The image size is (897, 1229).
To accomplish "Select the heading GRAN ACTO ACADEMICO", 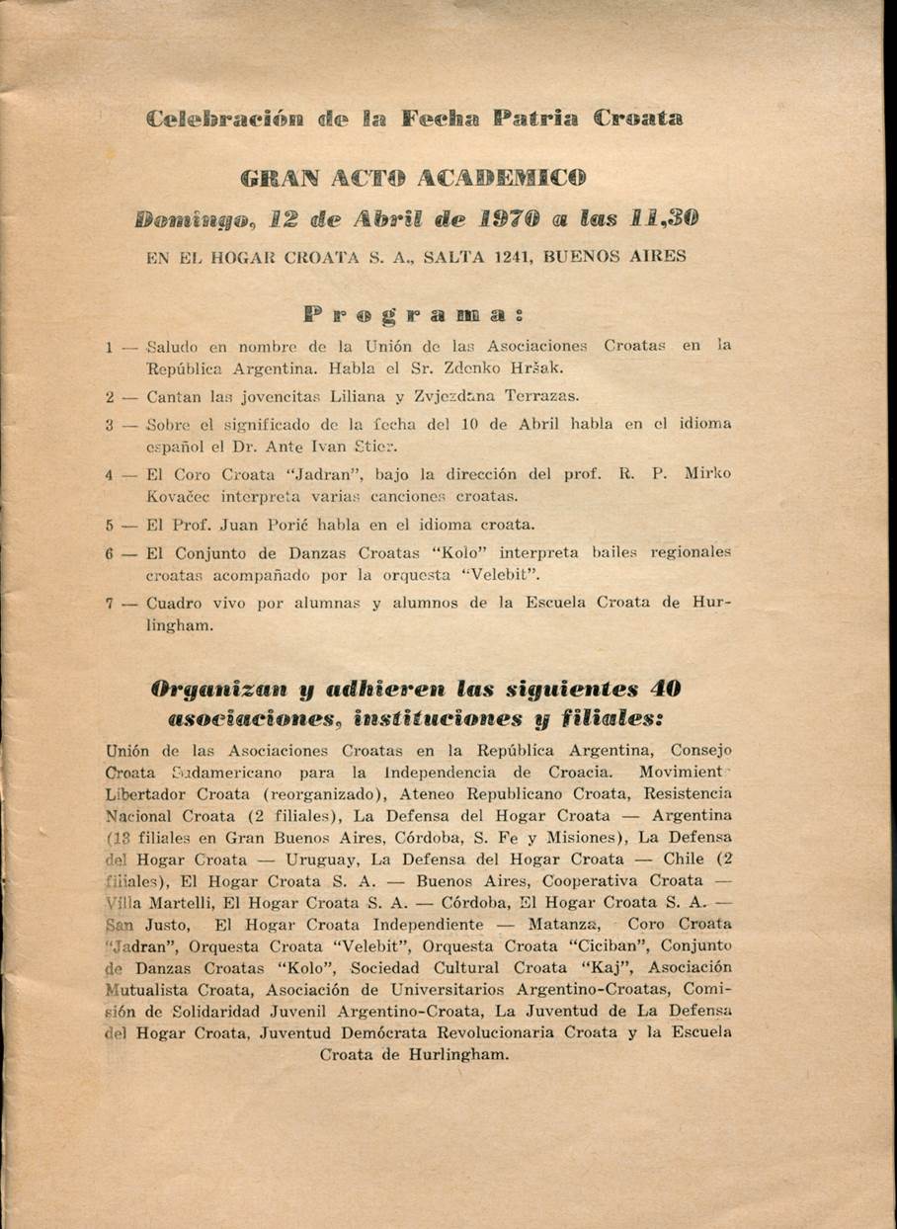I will point(414,179).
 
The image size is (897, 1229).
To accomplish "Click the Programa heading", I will point(413,317).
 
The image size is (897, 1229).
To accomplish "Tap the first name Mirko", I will point(707,473).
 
